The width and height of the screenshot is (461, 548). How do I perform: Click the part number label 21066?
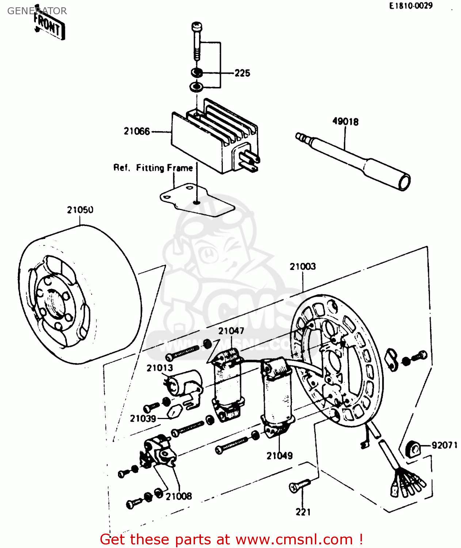pos(137,131)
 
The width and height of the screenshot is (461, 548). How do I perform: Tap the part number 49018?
pos(345,122)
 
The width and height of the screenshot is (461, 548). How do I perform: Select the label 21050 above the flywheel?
pos(80,210)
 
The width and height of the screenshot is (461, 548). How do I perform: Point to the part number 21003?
pos(302,267)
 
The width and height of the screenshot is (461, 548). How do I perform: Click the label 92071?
pos(444,445)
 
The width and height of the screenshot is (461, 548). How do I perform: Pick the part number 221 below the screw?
pos(303,512)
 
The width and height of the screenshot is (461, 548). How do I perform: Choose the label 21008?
pos(179,496)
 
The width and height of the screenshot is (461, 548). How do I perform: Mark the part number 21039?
pos(143,419)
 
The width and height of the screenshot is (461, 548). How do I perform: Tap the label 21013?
pos(160,368)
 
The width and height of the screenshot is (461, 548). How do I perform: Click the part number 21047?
pos(231,331)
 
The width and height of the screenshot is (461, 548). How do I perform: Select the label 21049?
pos(279,456)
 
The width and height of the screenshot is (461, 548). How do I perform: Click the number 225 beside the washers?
pos(242,73)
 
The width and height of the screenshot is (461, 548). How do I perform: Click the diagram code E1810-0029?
pos(411,6)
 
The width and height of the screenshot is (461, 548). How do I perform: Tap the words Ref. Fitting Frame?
pos(153,168)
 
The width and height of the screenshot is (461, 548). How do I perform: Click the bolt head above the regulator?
pos(197,27)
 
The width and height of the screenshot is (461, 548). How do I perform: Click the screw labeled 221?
pos(299,486)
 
